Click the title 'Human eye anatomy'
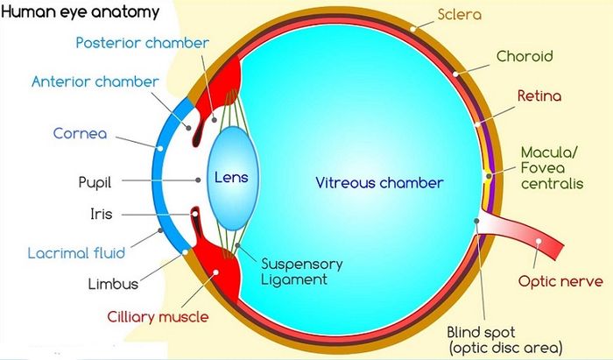81,11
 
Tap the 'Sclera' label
460,15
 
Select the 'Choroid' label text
525,56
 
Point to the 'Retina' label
539,95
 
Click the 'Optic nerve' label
560,281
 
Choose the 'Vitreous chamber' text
379,182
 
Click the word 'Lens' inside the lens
231,178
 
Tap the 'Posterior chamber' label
142,43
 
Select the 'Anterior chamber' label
95,81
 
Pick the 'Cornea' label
81,134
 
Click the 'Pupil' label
95,182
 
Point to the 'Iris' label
102,214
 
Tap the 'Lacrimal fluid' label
77,253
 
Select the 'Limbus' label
113,284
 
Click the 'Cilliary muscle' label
158,316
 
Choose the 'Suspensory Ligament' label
302,272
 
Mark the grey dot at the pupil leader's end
198,180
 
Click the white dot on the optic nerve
539,241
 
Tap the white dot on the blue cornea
160,149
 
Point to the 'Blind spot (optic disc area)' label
506,340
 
